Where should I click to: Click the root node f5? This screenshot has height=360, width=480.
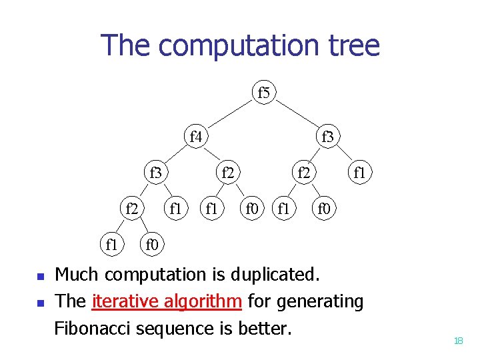[x=264, y=93]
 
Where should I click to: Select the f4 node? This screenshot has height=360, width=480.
[x=196, y=137]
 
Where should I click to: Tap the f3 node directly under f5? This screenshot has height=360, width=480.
[x=327, y=137]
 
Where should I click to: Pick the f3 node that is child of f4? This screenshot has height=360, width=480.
[x=155, y=173]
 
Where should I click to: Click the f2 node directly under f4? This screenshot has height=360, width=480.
[x=229, y=173]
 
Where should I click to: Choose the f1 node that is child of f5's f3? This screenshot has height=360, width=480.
[x=360, y=173]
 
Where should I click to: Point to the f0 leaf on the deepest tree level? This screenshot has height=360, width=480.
[x=153, y=245]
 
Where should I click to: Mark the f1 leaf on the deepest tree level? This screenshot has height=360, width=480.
[x=112, y=245]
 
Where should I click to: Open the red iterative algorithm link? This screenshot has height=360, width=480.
[x=167, y=301]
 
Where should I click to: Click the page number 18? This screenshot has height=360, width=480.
[x=458, y=341]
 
